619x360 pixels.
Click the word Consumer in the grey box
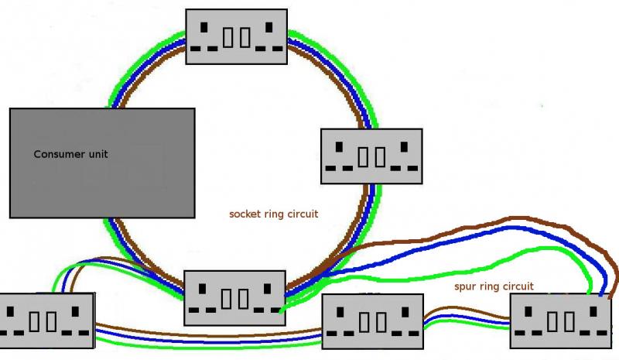60,154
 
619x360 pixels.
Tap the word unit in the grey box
98,154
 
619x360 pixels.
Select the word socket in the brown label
246,214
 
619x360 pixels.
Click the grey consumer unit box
101,163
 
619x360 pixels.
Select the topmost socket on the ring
237,36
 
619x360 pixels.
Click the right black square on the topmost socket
268,28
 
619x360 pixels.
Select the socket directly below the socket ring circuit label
235,297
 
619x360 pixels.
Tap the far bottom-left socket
46,320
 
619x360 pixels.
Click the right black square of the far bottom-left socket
78,311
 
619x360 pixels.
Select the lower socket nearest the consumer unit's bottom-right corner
235,297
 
